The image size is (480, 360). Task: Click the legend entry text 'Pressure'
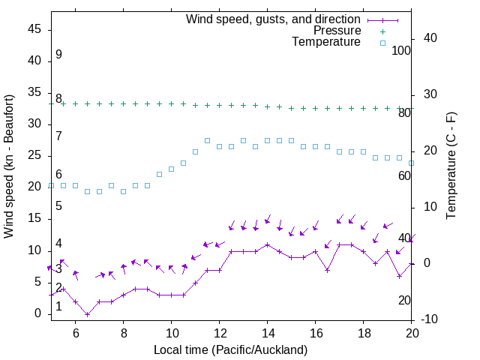pyautogui.click(x=337, y=31)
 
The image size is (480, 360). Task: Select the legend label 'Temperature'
pyautogui.click(x=326, y=42)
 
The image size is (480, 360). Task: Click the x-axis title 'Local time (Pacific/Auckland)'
pyautogui.click(x=230, y=349)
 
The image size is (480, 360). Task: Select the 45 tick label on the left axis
pyautogui.click(x=35, y=29)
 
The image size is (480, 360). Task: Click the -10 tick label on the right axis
pyautogui.click(x=431, y=320)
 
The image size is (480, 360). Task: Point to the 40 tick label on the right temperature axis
pyautogui.click(x=431, y=38)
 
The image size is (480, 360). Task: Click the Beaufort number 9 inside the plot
pyautogui.click(x=58, y=55)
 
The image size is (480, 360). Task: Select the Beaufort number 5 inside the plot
pyautogui.click(x=58, y=206)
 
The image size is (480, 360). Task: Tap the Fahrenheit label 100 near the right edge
pyautogui.click(x=401, y=51)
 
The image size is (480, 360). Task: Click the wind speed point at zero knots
pyautogui.click(x=87, y=314)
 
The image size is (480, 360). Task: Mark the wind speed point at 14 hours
pyautogui.click(x=267, y=244)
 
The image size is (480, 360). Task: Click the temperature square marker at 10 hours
pyautogui.click(x=171, y=169)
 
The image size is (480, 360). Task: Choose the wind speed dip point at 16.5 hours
pyautogui.click(x=327, y=270)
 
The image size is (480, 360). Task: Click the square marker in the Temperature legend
pyautogui.click(x=382, y=43)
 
